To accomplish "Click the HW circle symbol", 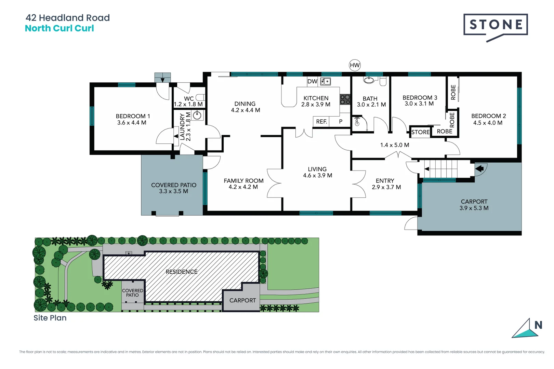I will point(355,65).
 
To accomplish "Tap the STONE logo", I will point(496,25).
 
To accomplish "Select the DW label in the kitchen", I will point(312,81).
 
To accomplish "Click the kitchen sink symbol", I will point(325,81).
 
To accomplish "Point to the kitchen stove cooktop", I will point(345,99).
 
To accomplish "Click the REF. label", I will point(321,121).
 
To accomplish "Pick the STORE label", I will point(420,132).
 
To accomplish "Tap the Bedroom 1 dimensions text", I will point(132,123).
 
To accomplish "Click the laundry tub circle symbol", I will point(197,115).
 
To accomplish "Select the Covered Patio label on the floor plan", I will point(174,185).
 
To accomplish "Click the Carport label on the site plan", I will point(242,300).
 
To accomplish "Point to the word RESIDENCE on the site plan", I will point(182,272).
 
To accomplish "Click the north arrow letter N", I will point(538,325).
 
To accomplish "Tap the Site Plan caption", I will point(50,318).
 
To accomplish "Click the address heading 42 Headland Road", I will point(68,18).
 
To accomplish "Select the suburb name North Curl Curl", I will point(60,28).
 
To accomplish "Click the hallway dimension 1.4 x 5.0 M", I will point(395,145).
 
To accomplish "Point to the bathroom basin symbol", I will point(369,80).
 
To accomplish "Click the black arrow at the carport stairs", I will point(479,168).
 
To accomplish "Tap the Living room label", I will point(317,169).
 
